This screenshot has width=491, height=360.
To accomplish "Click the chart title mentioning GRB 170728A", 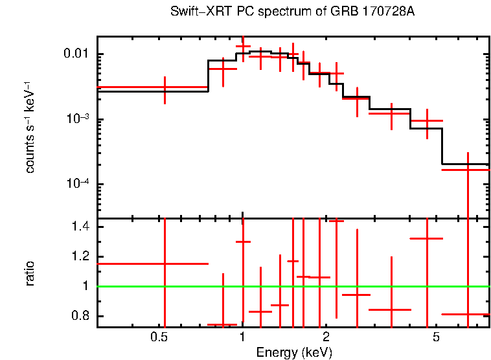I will pos(292,12).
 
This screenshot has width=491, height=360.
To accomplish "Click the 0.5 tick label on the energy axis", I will pos(159,337).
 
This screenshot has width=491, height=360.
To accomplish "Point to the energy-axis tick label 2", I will pos(326,337).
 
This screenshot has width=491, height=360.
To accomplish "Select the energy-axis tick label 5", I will pos(436,337).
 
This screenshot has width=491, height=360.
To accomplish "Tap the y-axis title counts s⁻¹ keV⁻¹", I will pos(30,126).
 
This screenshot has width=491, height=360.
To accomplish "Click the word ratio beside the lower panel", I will pos(30,273).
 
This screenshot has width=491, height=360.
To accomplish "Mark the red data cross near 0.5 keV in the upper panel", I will pos(165,87).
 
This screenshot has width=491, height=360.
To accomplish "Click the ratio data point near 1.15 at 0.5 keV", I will pos(165,264).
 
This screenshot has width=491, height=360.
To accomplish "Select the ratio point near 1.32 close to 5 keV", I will pos(427,238).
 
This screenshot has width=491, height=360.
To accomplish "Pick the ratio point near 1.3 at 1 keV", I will pos(243,242).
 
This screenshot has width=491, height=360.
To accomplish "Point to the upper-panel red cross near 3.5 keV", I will pos(391,113).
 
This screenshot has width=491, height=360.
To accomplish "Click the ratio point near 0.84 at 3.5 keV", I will pos(391,309).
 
